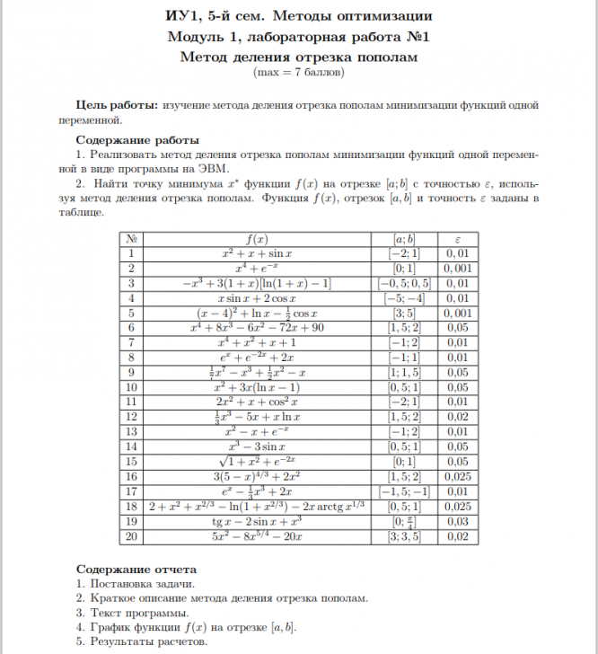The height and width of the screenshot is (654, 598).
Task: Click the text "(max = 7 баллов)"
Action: click(299, 71)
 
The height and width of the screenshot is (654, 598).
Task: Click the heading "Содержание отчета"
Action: click(136, 570)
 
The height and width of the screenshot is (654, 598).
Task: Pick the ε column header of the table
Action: click(457, 240)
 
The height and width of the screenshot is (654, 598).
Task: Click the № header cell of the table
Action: click(132, 240)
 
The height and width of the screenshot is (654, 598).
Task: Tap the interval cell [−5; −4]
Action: click(404, 298)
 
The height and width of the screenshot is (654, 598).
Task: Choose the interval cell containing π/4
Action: click(404, 520)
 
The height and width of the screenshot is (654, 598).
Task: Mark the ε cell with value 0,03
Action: click(457, 520)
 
